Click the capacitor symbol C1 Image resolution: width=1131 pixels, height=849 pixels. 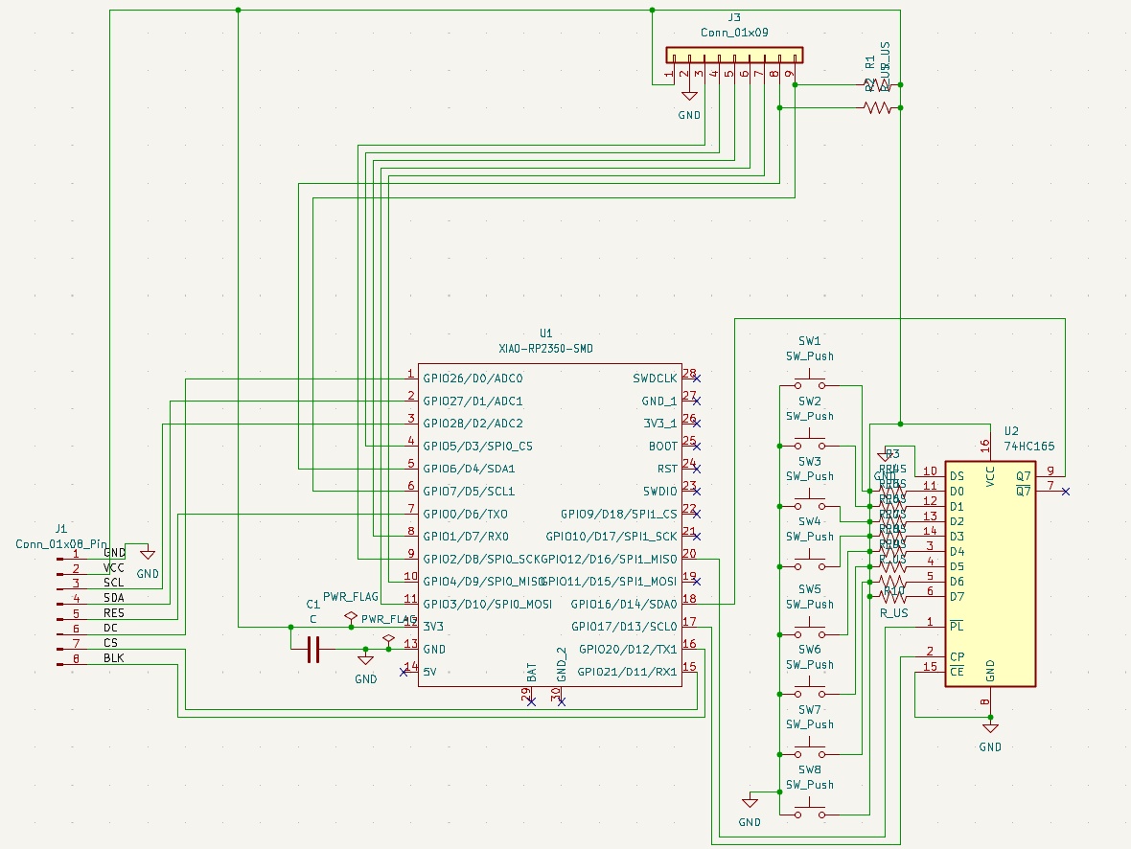tap(312, 650)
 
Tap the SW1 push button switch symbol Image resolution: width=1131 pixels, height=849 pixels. tap(810, 385)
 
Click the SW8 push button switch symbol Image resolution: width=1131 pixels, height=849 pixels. tap(810, 815)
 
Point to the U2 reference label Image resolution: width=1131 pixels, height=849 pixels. tap(1012, 431)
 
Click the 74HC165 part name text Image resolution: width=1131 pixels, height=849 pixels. tap(1028, 447)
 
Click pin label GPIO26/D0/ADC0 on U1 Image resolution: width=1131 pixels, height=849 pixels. tap(473, 379)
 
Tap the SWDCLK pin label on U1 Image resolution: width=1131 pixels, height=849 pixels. tap(655, 379)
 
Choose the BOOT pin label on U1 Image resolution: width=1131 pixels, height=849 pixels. tap(662, 447)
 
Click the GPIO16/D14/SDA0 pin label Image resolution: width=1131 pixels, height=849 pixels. tap(624, 604)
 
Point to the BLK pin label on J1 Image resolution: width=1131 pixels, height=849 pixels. tap(114, 658)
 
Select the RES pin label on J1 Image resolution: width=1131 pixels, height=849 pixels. tap(114, 613)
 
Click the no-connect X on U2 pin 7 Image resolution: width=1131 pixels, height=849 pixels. tap(1066, 492)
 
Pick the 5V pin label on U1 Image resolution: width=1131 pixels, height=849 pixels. tap(430, 672)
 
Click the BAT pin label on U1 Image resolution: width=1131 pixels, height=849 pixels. tap(530, 670)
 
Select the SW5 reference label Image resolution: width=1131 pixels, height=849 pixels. tap(810, 589)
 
